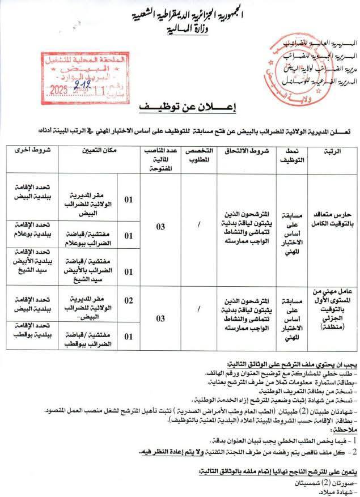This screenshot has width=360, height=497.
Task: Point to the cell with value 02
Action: click(129, 300)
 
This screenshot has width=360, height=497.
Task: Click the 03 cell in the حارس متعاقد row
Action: click(161, 227)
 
